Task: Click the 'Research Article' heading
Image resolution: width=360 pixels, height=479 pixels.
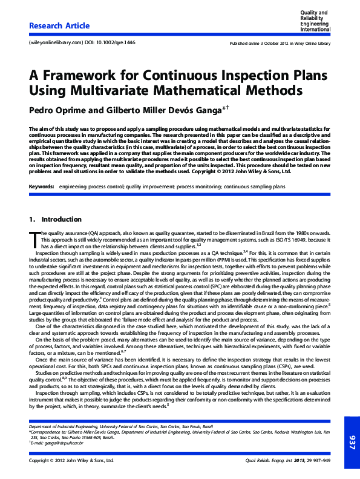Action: point(59,26)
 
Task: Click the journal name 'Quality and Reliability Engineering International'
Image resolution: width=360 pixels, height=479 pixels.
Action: point(315,20)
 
